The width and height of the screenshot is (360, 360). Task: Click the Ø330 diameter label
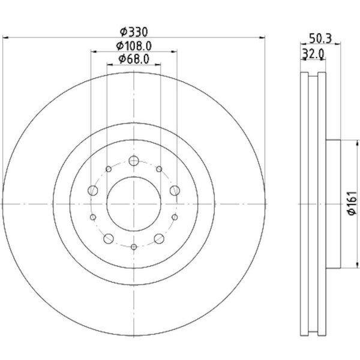pyautogui.click(x=134, y=32)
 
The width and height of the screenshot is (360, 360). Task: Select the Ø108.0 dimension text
pyautogui.click(x=134, y=46)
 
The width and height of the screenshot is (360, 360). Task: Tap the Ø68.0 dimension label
pyautogui.click(x=134, y=59)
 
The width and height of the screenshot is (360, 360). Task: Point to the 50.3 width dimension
pyautogui.click(x=320, y=38)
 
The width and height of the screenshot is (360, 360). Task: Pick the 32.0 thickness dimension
pyautogui.click(x=313, y=54)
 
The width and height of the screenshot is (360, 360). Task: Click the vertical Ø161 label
pyautogui.click(x=352, y=203)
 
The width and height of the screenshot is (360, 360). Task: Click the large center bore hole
pyautogui.click(x=134, y=204)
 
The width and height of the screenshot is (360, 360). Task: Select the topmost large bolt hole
pyautogui.click(x=134, y=160)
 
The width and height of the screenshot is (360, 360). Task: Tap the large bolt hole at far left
pyautogui.click(x=93, y=190)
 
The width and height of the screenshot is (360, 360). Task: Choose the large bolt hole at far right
pyautogui.click(x=175, y=190)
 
